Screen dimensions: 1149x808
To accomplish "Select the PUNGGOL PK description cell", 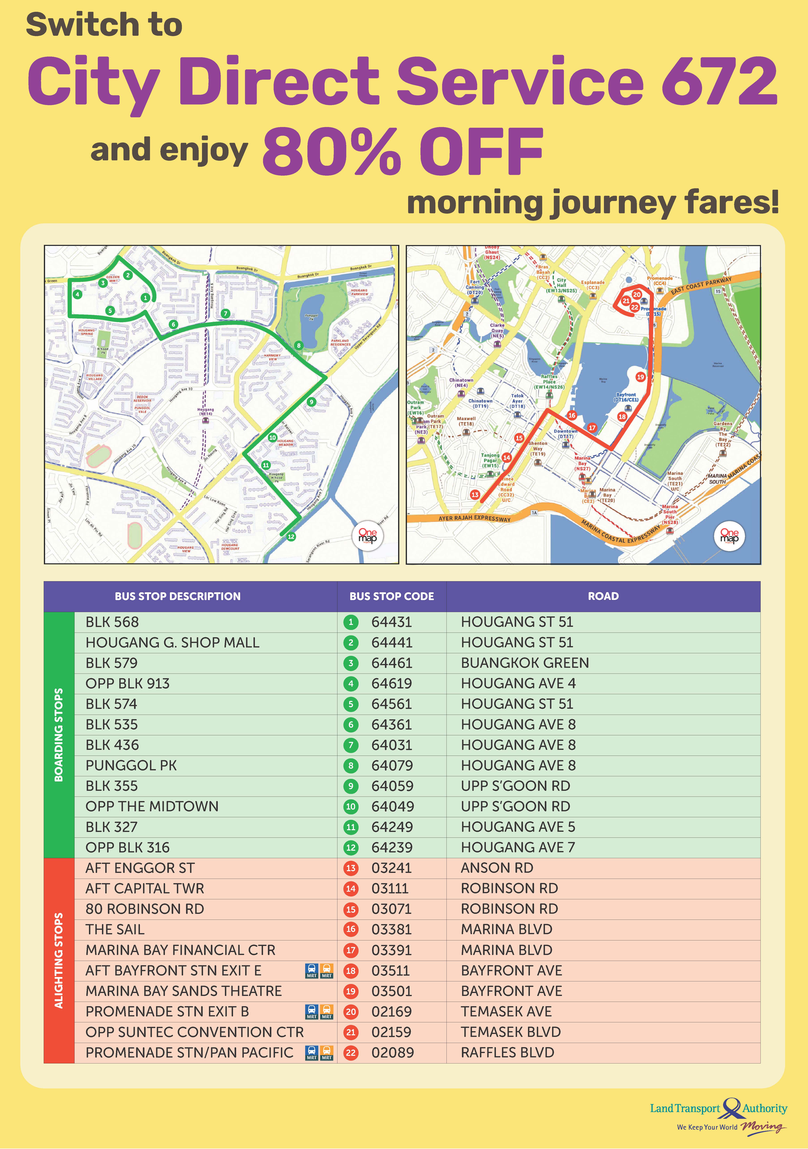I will pos(131,766).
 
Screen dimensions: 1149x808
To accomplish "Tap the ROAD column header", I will pos(603,596).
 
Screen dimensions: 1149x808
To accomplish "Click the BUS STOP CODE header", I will pos(392,596).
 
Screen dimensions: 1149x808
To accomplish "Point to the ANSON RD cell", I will pos(497,868).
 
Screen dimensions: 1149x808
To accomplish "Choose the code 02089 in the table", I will pos(393,1053).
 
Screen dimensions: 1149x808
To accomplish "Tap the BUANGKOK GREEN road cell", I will pos(525,663).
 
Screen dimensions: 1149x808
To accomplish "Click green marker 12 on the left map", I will pos(291,536).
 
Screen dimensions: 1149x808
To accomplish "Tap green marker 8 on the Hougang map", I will pos(299,345).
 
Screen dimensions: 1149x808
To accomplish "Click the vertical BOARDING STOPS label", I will pos(58,735).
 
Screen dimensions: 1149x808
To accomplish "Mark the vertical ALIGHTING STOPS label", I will pos(58,961).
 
